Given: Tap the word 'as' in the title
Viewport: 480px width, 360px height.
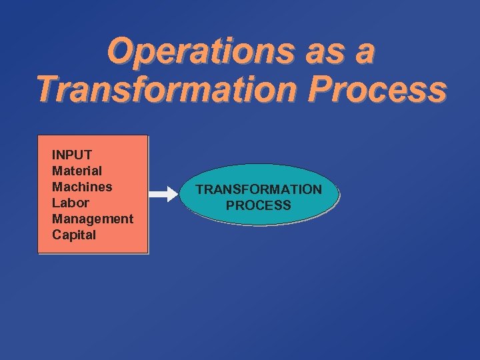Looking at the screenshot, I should point(316,53).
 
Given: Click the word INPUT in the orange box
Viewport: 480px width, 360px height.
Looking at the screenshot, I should point(72,155).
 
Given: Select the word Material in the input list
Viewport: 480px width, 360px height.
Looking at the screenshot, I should point(77,171).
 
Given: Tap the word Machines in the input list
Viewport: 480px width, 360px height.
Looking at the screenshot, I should point(82,187).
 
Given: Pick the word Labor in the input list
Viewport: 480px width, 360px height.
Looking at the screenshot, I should point(70,203).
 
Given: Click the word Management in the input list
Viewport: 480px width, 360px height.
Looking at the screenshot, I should point(93,219).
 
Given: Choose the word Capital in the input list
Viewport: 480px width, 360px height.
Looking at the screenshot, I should point(74,235).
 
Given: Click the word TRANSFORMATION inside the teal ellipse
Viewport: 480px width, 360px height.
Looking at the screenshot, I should point(259,189).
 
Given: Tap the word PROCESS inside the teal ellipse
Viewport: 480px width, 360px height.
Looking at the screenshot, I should point(259,205).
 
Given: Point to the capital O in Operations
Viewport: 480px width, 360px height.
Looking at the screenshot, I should point(121,51).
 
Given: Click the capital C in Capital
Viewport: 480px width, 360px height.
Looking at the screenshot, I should point(57,235).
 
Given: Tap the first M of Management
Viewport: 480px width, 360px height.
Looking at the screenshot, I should point(57,219).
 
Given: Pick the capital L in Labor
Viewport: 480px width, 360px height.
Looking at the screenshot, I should point(55,203).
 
